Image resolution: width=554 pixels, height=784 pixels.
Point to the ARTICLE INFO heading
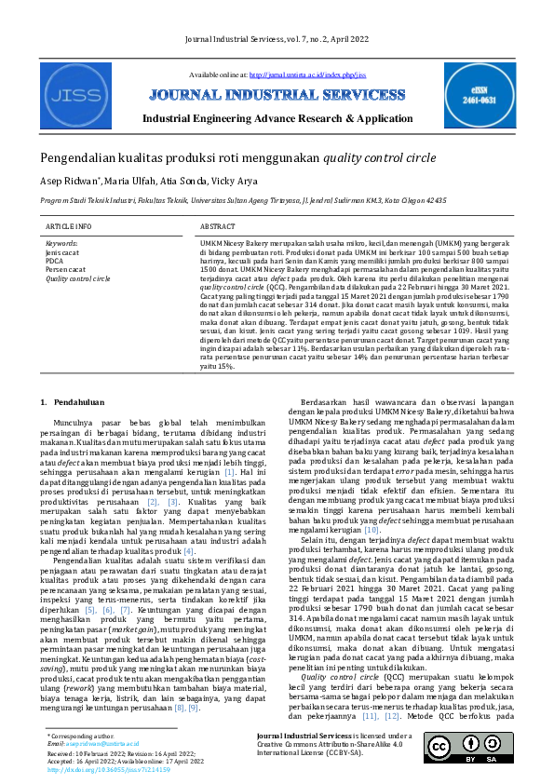coord(69,226)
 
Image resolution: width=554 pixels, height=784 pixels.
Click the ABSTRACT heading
coord(218,226)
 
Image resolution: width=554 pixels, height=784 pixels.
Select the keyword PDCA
coord(55,261)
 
